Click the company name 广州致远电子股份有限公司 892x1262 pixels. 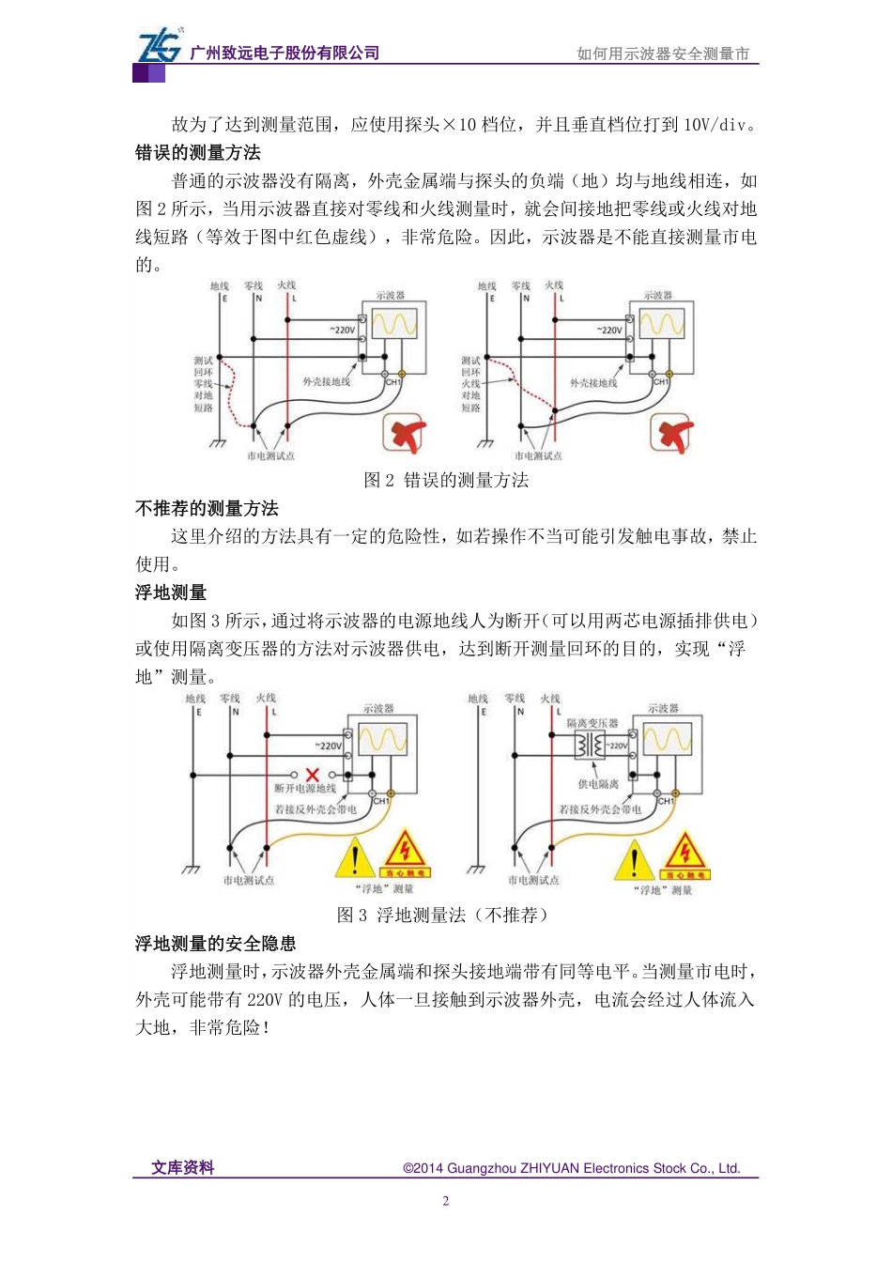pyautogui.click(x=285, y=54)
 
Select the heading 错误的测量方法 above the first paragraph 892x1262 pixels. pyautogui.click(x=198, y=153)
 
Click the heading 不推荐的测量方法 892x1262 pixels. pyautogui.click(x=207, y=508)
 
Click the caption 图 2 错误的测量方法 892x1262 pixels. pyautogui.click(x=446, y=480)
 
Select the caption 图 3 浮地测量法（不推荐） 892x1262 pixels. pyautogui.click(x=442, y=915)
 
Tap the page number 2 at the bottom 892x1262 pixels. pyautogui.click(x=446, y=1201)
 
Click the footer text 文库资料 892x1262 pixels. pyautogui.click(x=183, y=1167)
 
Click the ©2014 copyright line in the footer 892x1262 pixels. pyautogui.click(x=571, y=1168)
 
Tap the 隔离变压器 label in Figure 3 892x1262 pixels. pyautogui.click(x=592, y=723)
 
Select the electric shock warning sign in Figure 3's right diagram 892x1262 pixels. pyautogui.click(x=685, y=854)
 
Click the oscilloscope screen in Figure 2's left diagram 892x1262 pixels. pyautogui.click(x=394, y=324)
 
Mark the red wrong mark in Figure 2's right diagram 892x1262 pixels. pyautogui.click(x=672, y=434)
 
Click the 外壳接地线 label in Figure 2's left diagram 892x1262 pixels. pyautogui.click(x=326, y=382)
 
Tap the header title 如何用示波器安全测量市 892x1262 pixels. pyautogui.click(x=663, y=54)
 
